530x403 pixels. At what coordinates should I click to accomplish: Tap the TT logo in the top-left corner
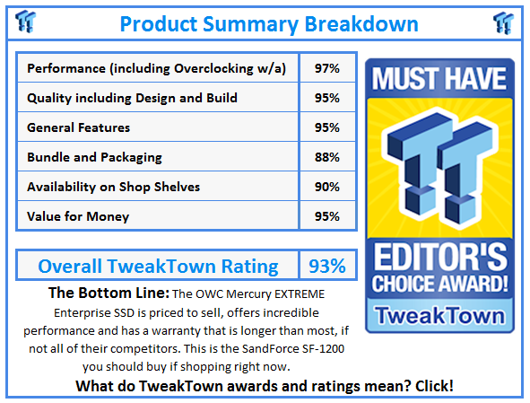tap(26, 22)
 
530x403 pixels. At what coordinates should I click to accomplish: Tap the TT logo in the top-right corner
tap(503, 22)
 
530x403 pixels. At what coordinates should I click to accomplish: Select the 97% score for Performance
tap(327, 68)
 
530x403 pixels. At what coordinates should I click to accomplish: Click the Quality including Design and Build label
tap(132, 98)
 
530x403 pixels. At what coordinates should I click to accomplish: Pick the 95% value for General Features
tap(327, 127)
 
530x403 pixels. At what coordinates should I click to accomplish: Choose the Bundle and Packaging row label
tap(94, 157)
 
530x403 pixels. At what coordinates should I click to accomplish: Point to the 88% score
tap(327, 157)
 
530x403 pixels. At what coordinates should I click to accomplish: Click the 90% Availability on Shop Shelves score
tap(327, 187)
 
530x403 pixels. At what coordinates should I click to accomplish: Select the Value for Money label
tap(78, 216)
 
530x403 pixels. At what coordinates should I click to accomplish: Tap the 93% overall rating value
tap(327, 266)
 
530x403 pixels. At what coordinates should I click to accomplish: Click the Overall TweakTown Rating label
tap(158, 266)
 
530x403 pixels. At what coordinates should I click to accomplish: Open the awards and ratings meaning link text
tap(265, 385)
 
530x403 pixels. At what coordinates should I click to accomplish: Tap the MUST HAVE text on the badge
tap(439, 79)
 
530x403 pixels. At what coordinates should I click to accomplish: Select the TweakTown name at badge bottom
tap(439, 314)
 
